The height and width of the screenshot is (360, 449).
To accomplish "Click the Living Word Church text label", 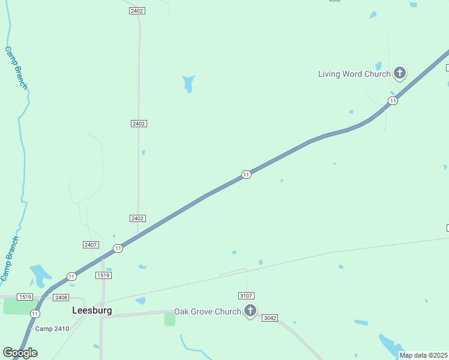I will coord(354,74).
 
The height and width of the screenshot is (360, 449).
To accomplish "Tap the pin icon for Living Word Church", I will coord(400,74).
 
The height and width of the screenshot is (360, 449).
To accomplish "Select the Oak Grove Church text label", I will coord(207,312).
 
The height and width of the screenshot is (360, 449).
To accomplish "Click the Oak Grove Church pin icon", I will coord(250,311).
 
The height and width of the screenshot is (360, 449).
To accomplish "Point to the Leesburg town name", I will coord(92,311).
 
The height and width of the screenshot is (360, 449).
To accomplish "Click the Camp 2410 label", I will coord(52,329).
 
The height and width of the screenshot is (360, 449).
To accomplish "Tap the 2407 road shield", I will coord(91,245).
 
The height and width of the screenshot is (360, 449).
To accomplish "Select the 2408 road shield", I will coord(61,298).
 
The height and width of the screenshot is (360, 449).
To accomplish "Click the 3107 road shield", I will coord(246,296).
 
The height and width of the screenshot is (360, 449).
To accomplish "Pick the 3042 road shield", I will coord(270,318).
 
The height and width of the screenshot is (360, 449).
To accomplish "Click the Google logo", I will coord(20,353).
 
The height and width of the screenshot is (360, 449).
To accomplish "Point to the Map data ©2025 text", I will coord(423,355).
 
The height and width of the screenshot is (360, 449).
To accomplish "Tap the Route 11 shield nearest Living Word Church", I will coord(393,101).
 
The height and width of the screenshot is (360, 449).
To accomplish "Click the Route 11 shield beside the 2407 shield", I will coord(118,248).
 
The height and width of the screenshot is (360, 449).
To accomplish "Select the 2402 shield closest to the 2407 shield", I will coord(137,218).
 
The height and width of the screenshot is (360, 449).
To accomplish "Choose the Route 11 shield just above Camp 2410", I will coord(35,314).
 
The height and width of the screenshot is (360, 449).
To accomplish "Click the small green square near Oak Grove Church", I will coord(170,319).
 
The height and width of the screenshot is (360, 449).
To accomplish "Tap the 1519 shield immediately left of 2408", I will coord(25,297).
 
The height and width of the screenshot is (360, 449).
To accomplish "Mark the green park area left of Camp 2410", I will coord(20,306).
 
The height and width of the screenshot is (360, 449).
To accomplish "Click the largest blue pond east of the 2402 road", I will coord(188,83).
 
